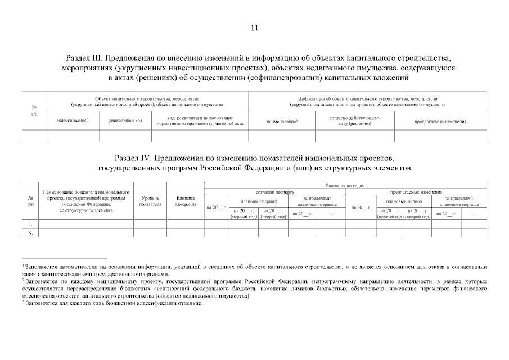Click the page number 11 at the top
(x=254, y=29)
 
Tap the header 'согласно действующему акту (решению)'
(x=354, y=121)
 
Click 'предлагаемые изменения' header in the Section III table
(x=441, y=121)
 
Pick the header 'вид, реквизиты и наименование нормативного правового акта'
(x=200, y=121)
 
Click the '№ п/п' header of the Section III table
(x=34, y=110)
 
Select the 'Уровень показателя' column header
(x=150, y=201)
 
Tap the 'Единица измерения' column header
(x=185, y=201)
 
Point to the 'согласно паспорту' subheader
(x=274, y=192)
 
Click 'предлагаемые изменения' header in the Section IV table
(x=416, y=192)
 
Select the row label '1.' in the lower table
(x=30, y=223)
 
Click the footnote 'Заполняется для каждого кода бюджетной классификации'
(x=112, y=303)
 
